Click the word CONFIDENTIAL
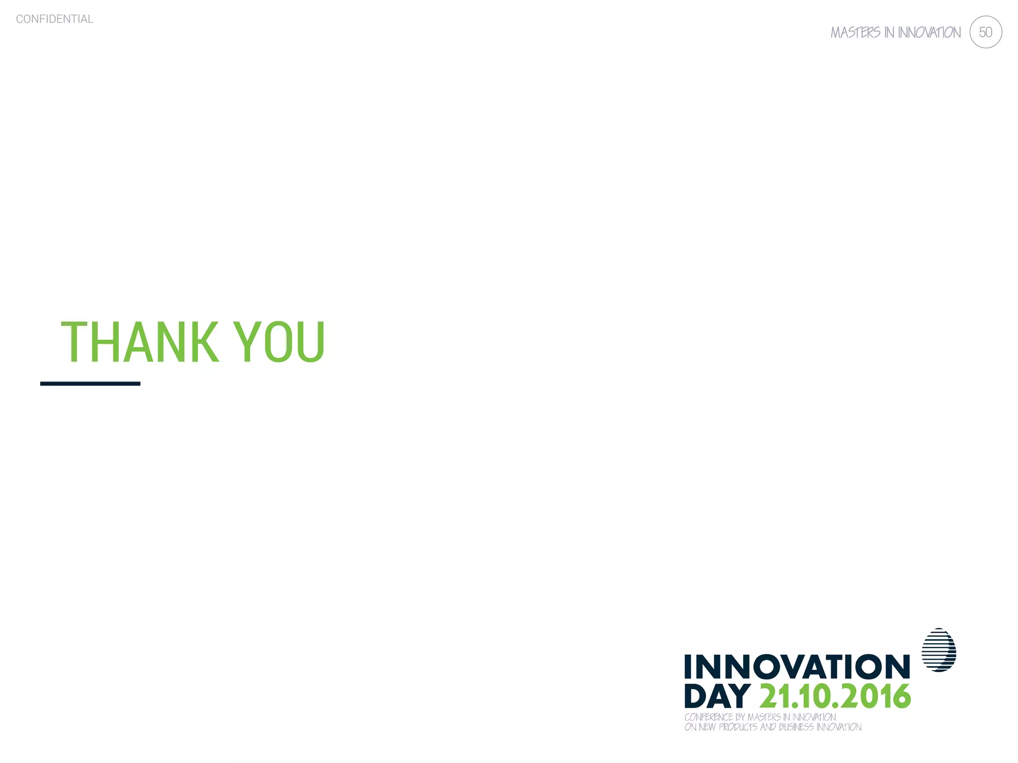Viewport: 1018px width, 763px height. (x=55, y=19)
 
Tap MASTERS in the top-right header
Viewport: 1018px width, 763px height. (x=855, y=33)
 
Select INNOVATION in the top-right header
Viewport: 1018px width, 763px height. (x=929, y=33)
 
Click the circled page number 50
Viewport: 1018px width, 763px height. (x=985, y=32)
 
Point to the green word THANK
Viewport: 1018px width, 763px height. (x=140, y=342)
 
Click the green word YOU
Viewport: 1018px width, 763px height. (x=279, y=342)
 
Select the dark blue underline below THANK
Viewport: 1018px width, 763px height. (x=90, y=383)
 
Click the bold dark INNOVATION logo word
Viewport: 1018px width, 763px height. (x=797, y=667)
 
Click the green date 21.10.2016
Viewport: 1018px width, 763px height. (x=835, y=696)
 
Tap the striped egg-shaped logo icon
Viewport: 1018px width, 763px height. (x=939, y=650)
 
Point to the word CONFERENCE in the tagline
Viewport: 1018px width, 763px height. (x=708, y=717)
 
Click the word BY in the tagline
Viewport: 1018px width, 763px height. (x=740, y=717)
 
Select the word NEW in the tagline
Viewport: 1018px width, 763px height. (x=707, y=727)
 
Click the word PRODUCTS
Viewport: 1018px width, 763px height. (x=738, y=727)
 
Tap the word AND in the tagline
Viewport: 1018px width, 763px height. (x=768, y=727)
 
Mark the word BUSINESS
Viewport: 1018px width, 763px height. (x=796, y=727)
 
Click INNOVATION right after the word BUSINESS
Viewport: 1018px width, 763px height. (x=839, y=727)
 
